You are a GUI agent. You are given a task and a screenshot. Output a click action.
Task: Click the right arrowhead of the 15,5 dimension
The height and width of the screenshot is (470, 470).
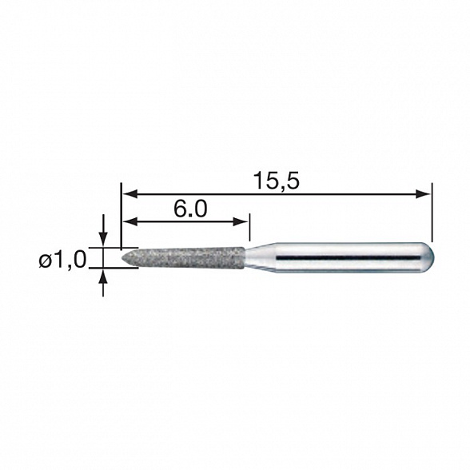(424, 193)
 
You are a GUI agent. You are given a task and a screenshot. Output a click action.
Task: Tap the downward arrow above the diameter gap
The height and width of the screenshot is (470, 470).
(103, 238)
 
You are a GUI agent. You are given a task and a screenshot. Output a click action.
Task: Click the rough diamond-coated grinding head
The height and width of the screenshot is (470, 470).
(188, 258)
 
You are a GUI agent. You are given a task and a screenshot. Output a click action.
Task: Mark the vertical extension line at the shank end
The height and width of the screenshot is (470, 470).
(432, 212)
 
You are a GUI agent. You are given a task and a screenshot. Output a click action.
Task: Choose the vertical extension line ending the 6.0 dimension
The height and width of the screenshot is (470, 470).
(249, 227)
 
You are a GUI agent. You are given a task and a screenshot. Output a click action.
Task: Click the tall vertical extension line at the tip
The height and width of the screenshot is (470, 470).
(121, 216)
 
